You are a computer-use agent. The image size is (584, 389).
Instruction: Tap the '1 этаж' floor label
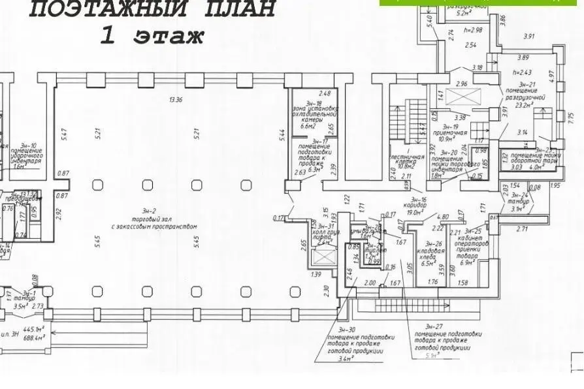click(152, 35)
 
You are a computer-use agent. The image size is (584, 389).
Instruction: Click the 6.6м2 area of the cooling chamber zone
click(307, 128)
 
